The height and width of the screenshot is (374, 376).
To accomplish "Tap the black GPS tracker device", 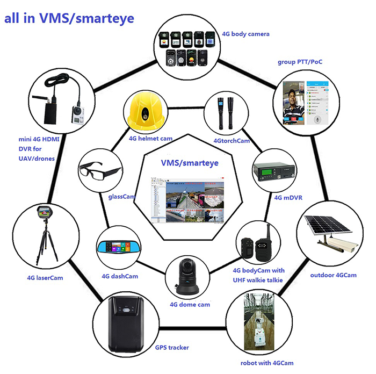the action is [126, 325].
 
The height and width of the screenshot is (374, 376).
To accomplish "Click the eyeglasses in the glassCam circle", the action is [100, 170].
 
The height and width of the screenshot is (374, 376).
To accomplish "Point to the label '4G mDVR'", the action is [288, 198].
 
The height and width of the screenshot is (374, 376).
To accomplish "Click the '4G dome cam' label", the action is [190, 305].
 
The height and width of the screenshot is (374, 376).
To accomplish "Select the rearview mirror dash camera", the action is [118, 247].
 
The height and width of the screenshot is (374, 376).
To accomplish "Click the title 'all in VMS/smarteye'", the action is [69, 18].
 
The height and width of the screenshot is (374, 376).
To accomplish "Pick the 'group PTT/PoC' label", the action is [300, 62].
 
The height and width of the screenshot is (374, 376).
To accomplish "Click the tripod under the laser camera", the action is [47, 242].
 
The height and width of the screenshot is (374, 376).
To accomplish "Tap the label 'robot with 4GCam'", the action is [267, 363].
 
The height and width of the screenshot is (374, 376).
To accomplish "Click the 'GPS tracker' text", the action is [172, 347].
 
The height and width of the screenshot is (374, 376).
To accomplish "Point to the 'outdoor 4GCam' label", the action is [334, 275].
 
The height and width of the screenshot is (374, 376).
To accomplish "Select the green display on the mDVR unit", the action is [266, 172].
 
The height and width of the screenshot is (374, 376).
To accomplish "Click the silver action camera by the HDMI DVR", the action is [78, 115].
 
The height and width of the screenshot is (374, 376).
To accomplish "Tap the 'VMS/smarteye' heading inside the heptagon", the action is [190, 163].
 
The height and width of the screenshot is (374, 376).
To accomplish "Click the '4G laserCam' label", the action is [45, 278].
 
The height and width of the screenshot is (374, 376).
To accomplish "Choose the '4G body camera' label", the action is [245, 34].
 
